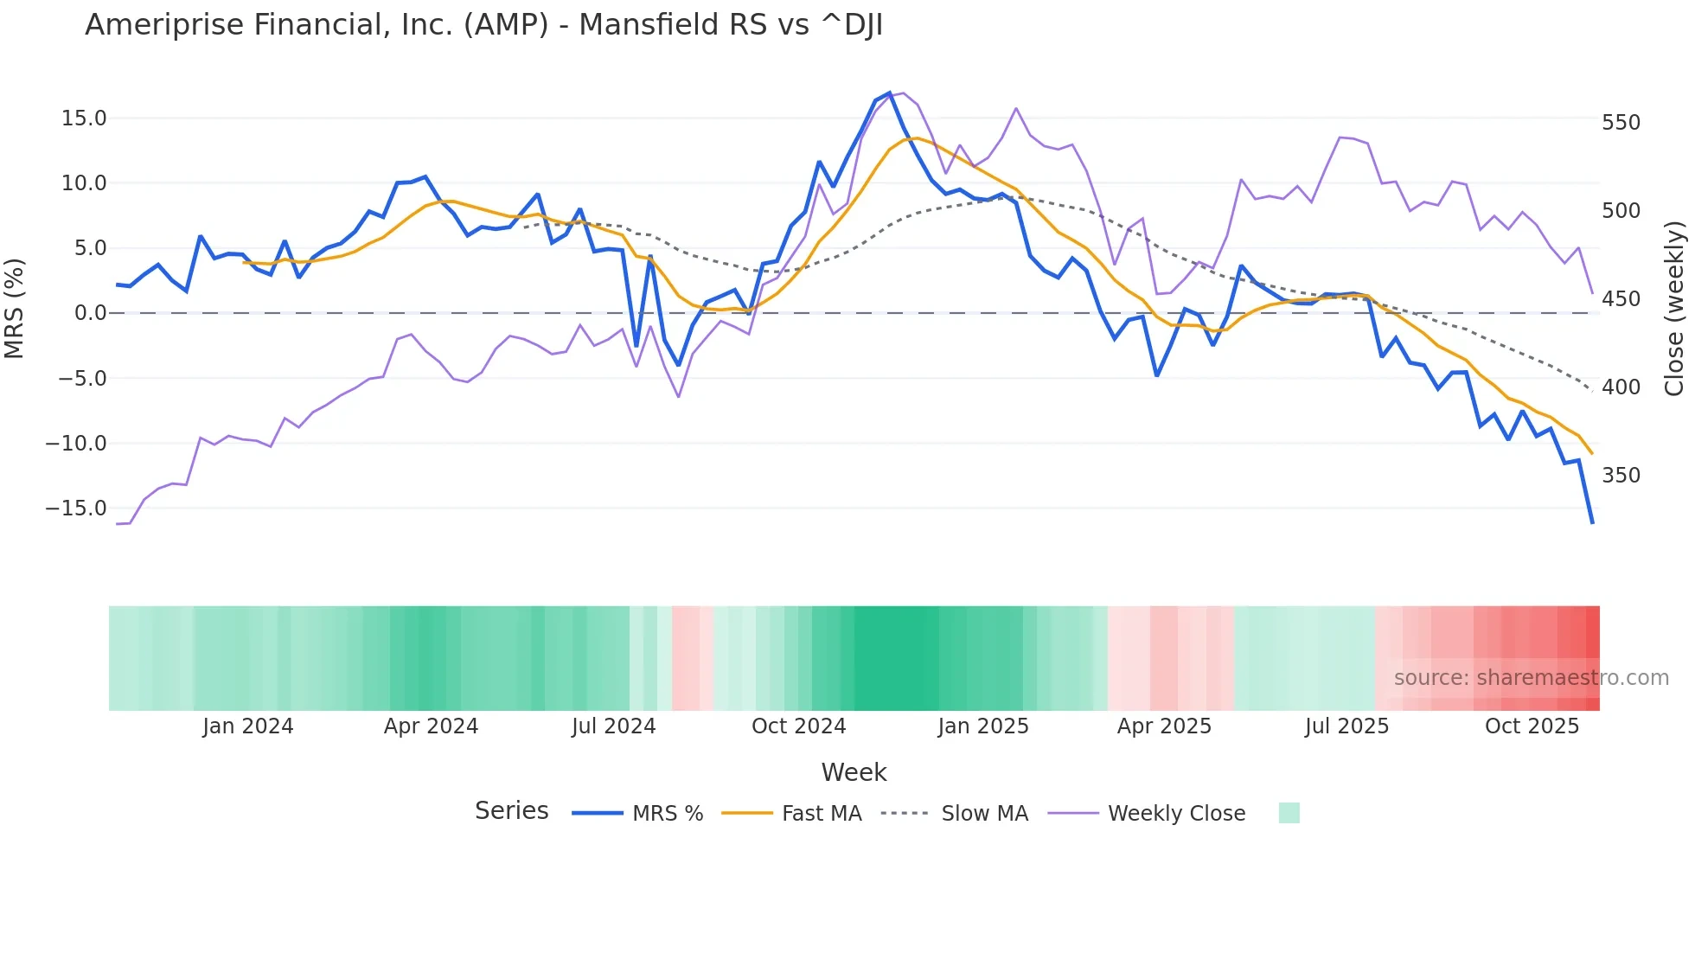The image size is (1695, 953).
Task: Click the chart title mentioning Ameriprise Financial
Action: coord(483,25)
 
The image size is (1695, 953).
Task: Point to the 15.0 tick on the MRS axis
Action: coord(84,118)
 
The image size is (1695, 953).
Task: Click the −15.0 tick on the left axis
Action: coord(76,508)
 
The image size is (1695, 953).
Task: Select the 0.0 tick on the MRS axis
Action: coord(90,313)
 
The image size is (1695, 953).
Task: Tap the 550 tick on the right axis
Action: coord(1621,123)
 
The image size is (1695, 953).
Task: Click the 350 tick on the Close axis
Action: coord(1621,476)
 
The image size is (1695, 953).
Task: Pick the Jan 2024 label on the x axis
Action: coord(248,726)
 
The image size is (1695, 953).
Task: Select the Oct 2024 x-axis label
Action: coord(798,726)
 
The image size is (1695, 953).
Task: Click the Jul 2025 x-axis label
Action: coord(1346,726)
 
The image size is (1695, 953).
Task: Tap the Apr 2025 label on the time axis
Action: coord(1164,726)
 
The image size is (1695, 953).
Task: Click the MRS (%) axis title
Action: coord(15,309)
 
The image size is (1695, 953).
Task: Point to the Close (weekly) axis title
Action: coord(1674,309)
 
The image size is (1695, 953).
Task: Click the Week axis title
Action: coord(854,772)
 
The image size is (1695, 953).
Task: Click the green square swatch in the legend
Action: coord(1289,813)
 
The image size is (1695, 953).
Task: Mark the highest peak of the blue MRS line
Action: coord(889,93)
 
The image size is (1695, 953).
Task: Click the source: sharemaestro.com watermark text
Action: coord(1531,678)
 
